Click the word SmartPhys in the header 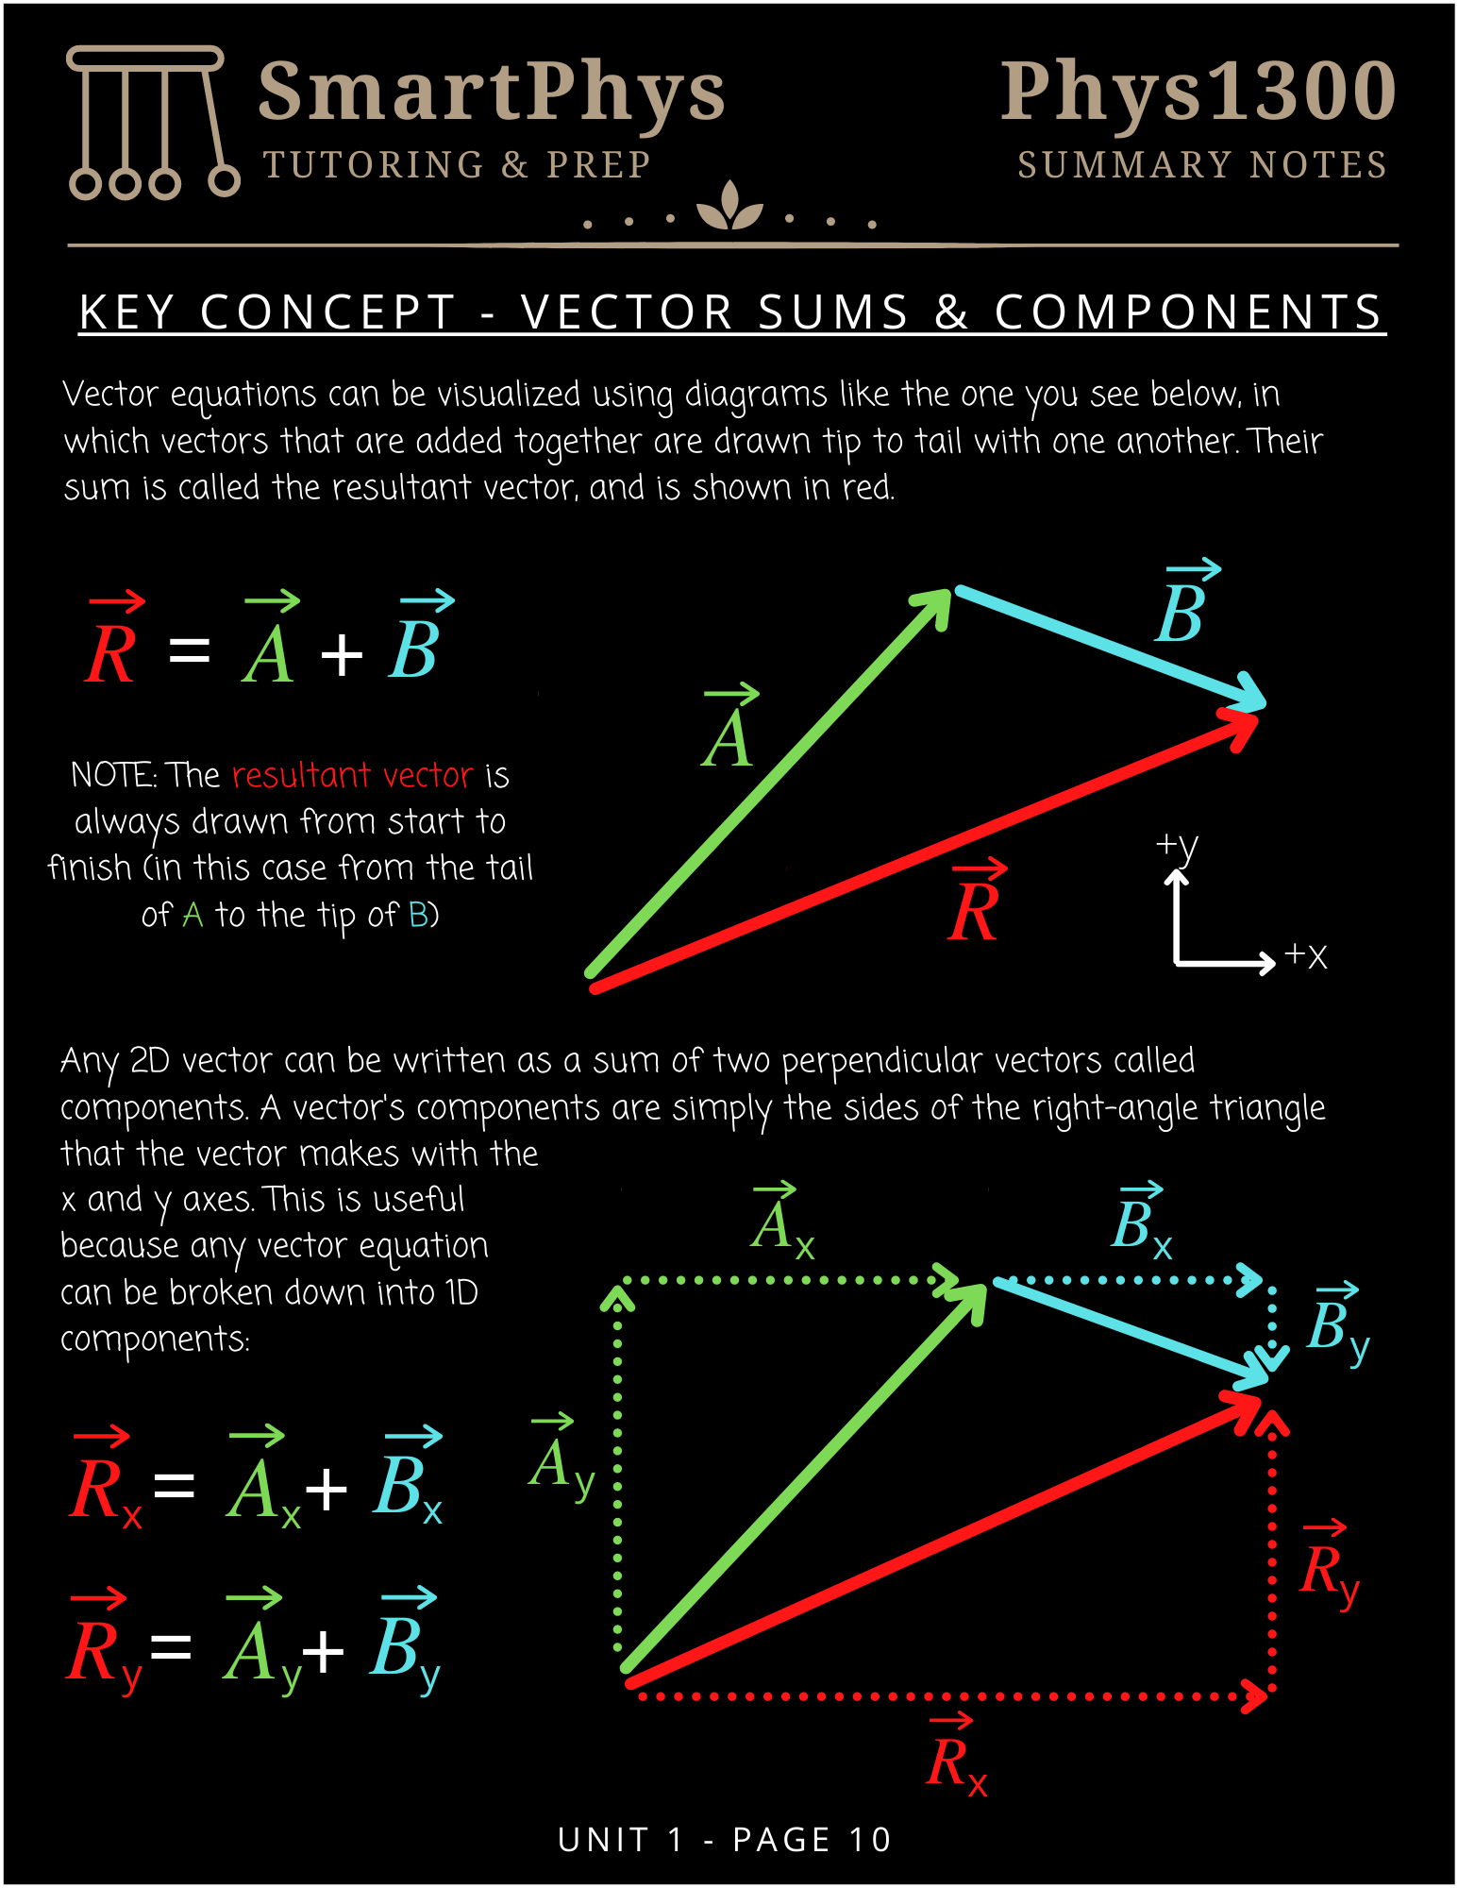(491, 92)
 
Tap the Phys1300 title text (1198, 92)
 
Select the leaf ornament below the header (729, 208)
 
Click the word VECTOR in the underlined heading (627, 312)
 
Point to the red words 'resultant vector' (352, 775)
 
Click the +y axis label (1177, 846)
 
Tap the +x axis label (1306, 955)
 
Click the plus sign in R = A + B (342, 653)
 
